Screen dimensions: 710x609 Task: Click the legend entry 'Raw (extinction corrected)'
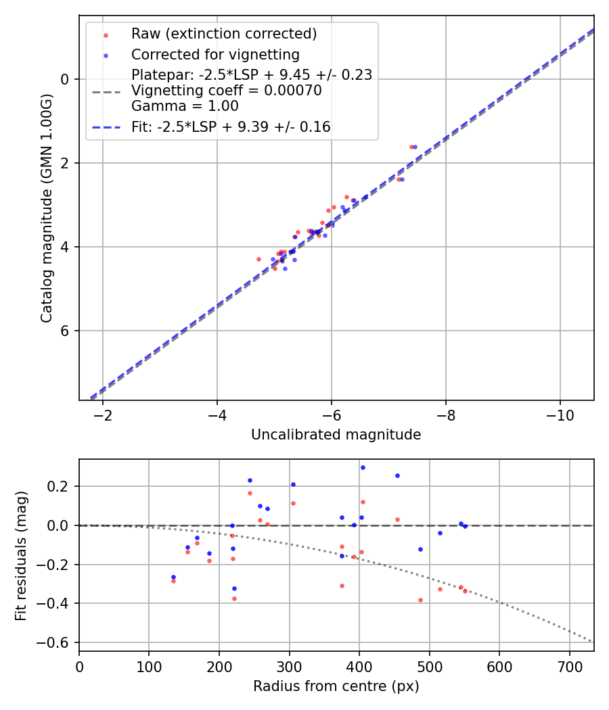[x=224, y=34]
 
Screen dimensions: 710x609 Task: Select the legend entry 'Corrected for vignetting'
[x=215, y=54]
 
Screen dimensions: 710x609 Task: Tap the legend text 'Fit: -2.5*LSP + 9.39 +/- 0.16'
[x=231, y=126]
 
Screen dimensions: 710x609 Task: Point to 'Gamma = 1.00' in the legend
[x=185, y=106]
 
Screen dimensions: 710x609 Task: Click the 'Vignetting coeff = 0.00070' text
[x=226, y=91]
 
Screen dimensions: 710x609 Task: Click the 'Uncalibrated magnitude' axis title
[x=336, y=435]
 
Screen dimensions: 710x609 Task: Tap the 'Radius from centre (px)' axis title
[x=336, y=686]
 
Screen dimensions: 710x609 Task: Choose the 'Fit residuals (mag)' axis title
[x=21, y=554]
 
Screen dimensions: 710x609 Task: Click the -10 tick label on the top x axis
[x=560, y=415]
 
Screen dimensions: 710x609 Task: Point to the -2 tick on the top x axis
[x=103, y=415]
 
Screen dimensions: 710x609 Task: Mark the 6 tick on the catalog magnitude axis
[x=66, y=331]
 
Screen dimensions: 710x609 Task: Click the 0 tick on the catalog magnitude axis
[x=66, y=79]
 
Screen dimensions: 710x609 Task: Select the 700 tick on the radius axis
[x=569, y=666]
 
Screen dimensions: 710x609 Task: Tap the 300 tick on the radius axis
[x=289, y=666]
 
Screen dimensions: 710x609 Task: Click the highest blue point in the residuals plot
[x=363, y=467]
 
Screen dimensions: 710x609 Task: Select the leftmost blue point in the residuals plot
[x=173, y=577]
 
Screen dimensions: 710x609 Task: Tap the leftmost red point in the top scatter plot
[x=258, y=259]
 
